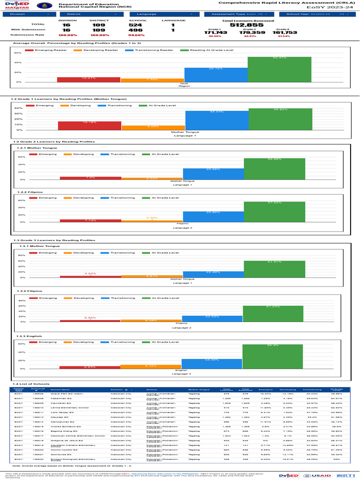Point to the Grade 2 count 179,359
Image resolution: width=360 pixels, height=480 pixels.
tap(250, 32)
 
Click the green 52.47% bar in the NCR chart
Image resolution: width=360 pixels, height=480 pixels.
tap(279, 69)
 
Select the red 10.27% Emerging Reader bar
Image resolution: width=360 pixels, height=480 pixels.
tap(89, 79)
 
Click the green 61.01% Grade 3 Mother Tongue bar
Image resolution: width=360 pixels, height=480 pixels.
tap(274, 269)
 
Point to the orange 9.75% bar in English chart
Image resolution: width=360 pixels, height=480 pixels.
tap(150, 367)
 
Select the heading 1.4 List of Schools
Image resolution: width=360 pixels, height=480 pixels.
tap(30, 384)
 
